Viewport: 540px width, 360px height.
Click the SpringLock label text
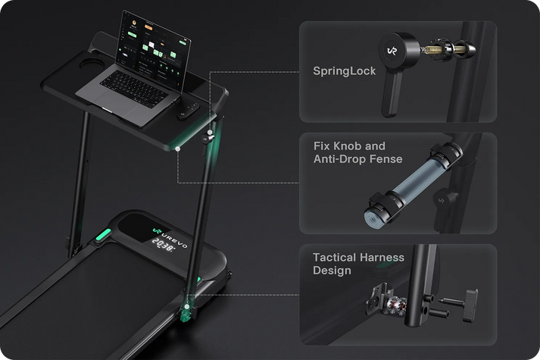[x=344, y=71]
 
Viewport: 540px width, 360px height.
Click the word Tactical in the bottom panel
[x=334, y=258]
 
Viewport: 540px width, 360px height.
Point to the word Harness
[x=382, y=258]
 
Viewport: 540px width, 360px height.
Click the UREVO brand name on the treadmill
[x=175, y=239]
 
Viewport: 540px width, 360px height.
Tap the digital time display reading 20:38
[x=164, y=245]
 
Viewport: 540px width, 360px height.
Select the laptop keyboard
[x=133, y=89]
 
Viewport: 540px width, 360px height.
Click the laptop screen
[x=154, y=51]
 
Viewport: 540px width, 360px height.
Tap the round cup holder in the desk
[x=88, y=64]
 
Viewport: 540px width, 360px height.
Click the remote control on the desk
[x=188, y=111]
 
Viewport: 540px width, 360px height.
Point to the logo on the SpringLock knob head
[x=392, y=51]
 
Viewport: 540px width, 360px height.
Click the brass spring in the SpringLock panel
[x=432, y=49]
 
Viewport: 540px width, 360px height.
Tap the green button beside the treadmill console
[x=103, y=235]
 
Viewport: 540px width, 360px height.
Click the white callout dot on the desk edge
[x=178, y=149]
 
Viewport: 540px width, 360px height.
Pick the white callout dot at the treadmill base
[x=186, y=307]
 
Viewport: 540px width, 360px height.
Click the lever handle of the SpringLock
[x=392, y=93]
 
